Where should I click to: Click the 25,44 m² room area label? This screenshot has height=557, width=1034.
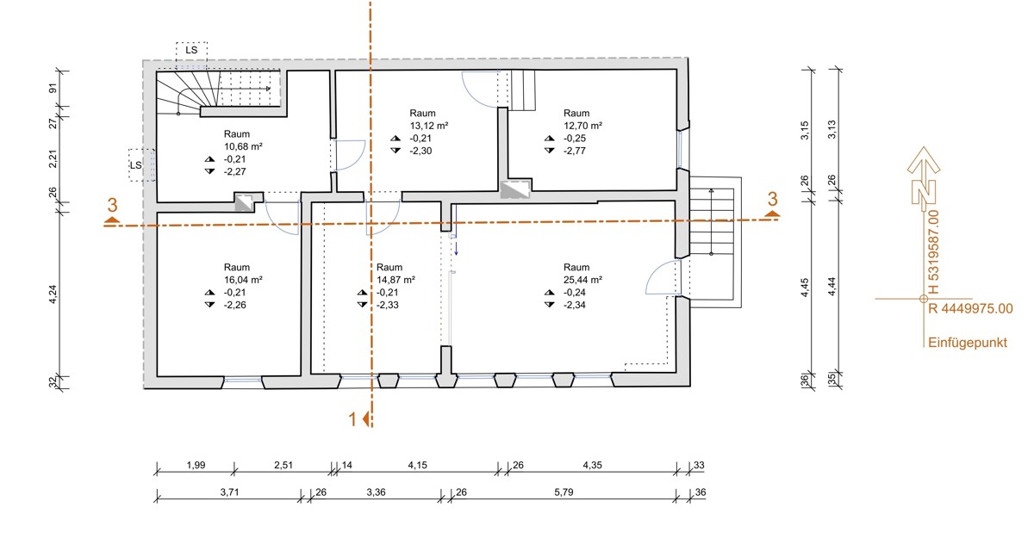(582, 280)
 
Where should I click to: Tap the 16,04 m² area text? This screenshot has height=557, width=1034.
(243, 280)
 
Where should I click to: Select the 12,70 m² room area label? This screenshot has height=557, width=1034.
(582, 126)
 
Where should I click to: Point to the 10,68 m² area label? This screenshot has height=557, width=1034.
(243, 146)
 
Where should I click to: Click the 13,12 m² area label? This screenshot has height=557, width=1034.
(429, 126)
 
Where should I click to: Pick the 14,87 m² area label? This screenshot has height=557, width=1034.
(396, 280)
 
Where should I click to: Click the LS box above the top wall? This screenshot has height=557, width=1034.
(191, 50)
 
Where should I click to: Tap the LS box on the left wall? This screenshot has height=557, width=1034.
(136, 165)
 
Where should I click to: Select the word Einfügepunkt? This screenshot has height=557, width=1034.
(968, 343)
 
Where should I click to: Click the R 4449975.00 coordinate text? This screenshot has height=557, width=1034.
(970, 308)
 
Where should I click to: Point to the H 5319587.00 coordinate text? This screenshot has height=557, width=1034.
(933, 252)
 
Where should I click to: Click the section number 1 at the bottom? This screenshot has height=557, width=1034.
(352, 419)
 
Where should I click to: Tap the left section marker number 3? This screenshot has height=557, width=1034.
(112, 205)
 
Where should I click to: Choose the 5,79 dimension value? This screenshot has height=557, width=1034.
(564, 492)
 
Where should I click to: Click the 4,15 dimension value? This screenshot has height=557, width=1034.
(417, 465)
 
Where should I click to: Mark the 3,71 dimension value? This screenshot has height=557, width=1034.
(229, 492)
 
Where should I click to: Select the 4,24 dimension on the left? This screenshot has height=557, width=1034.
(53, 294)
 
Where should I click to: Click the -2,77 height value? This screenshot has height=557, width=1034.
(574, 151)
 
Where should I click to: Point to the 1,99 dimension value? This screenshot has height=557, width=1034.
(196, 465)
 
